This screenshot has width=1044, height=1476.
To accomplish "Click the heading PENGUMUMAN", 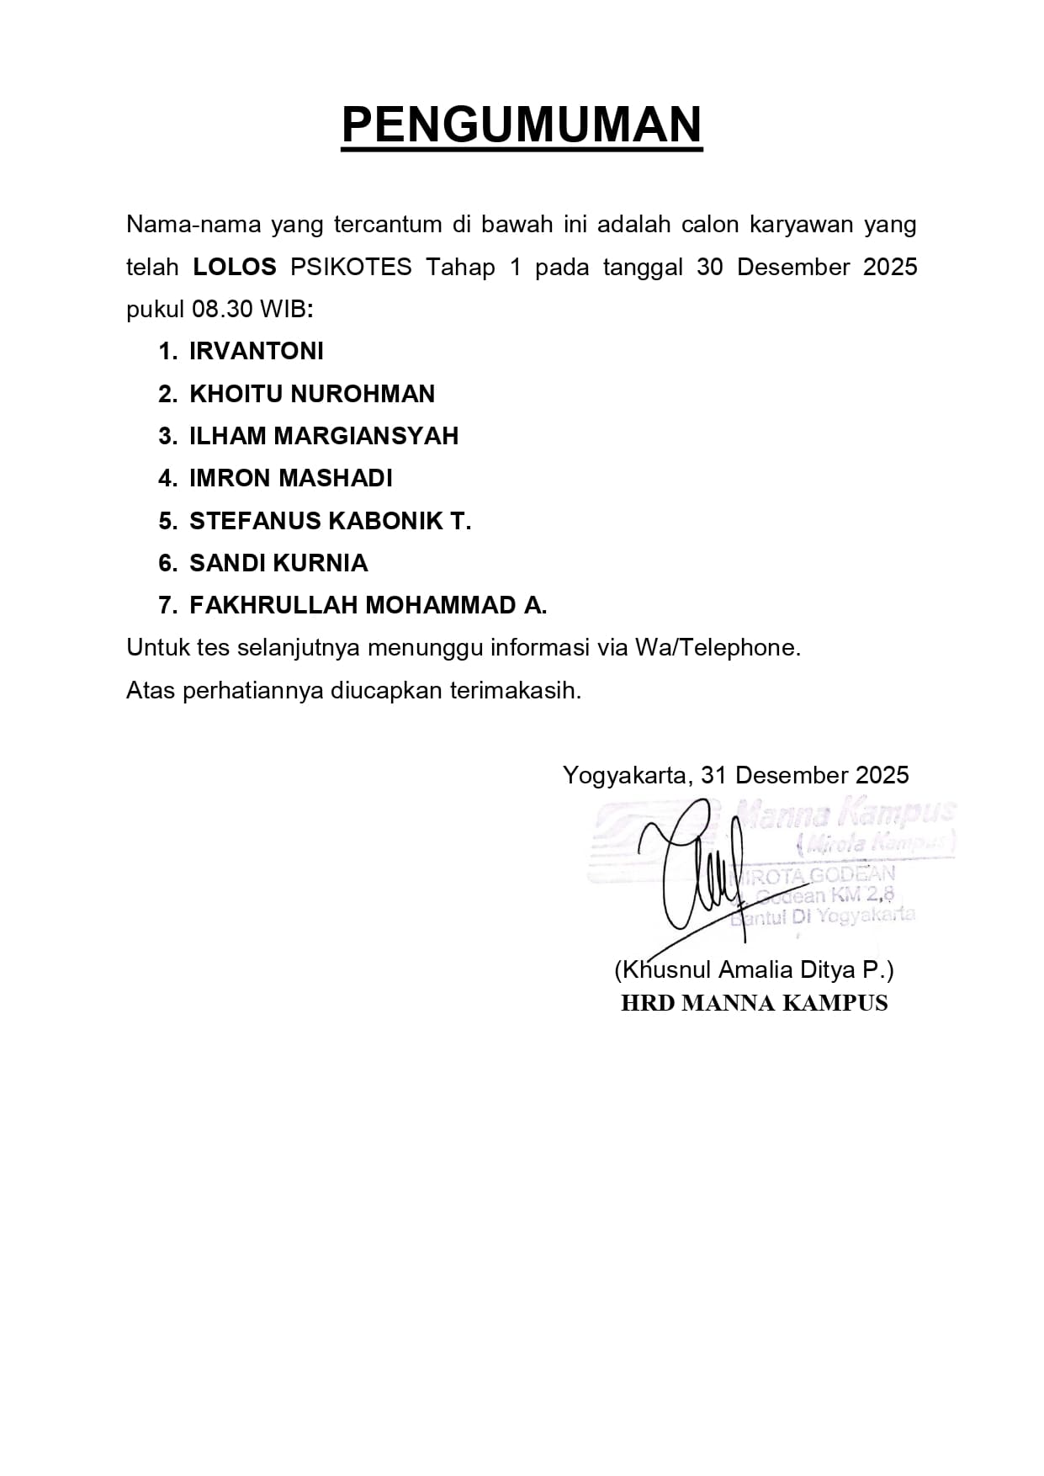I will coord(522,125).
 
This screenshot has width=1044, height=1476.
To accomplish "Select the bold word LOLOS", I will coord(235,268).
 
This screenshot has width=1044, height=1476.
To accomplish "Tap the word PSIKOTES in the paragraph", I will coord(351,268).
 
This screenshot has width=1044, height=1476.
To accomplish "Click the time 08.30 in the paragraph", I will coord(222,310).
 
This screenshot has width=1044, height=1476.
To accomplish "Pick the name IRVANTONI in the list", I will coord(257,352).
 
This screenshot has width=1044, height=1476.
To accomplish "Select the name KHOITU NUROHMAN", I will coord(312,394).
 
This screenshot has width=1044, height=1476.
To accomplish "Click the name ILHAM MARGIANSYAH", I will coord(324,436).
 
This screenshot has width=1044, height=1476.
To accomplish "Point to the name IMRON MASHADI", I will coord(291,478).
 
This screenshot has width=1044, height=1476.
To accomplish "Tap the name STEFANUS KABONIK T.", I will coord(330,521).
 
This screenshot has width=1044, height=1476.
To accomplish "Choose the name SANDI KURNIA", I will coord(278,563).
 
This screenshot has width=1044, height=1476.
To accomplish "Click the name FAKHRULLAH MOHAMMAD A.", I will coord(368,605).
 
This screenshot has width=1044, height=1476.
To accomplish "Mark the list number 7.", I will coord(167,605).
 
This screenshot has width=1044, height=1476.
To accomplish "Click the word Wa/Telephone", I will coord(718,647).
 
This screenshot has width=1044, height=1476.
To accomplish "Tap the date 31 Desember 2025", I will coord(805,775).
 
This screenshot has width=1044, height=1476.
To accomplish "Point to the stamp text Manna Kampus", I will coord(845,813).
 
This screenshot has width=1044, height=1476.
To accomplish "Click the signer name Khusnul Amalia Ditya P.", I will coord(754,969).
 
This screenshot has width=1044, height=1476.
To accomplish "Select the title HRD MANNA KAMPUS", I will coord(754,1003).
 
